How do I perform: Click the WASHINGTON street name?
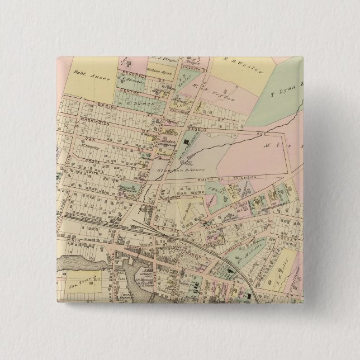tap(86, 120)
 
